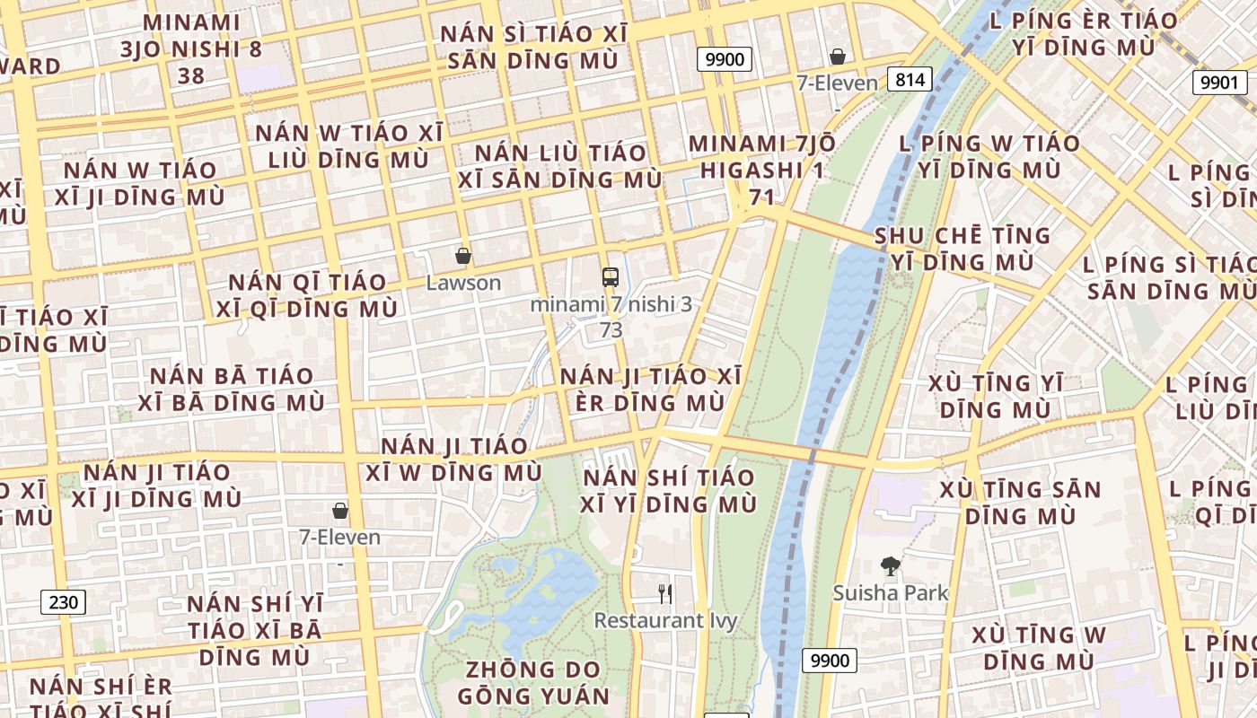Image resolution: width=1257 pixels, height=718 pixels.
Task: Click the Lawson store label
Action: click(463, 283)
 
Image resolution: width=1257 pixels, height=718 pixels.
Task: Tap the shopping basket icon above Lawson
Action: click(463, 257)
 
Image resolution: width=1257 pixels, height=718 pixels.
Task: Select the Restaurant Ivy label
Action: click(665, 620)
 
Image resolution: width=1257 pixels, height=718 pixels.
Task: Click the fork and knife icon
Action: click(665, 593)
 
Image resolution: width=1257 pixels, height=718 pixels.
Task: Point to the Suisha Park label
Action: click(891, 592)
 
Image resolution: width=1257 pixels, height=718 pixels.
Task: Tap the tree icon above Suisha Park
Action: click(891, 566)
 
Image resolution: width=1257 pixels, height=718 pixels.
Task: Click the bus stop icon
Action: click(611, 276)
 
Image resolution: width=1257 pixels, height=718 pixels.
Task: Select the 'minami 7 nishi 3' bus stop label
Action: click(611, 304)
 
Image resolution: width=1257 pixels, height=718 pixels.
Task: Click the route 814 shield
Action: click(910, 79)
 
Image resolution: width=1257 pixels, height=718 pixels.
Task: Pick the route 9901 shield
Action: click(1219, 83)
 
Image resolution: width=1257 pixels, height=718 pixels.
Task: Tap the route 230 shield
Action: click(63, 601)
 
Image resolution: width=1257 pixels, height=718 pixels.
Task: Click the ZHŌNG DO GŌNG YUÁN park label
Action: click(533, 682)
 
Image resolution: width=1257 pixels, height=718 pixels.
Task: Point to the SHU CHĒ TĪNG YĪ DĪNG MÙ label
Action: click(963, 249)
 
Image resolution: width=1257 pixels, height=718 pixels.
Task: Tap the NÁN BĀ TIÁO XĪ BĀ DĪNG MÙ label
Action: click(232, 389)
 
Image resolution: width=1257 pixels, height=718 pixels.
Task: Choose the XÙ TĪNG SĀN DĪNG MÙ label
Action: click(1020, 503)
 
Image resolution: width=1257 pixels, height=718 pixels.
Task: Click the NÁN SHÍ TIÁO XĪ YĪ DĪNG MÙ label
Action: click(669, 490)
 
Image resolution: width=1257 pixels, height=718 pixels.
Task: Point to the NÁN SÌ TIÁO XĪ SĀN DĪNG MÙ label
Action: click(533, 48)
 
